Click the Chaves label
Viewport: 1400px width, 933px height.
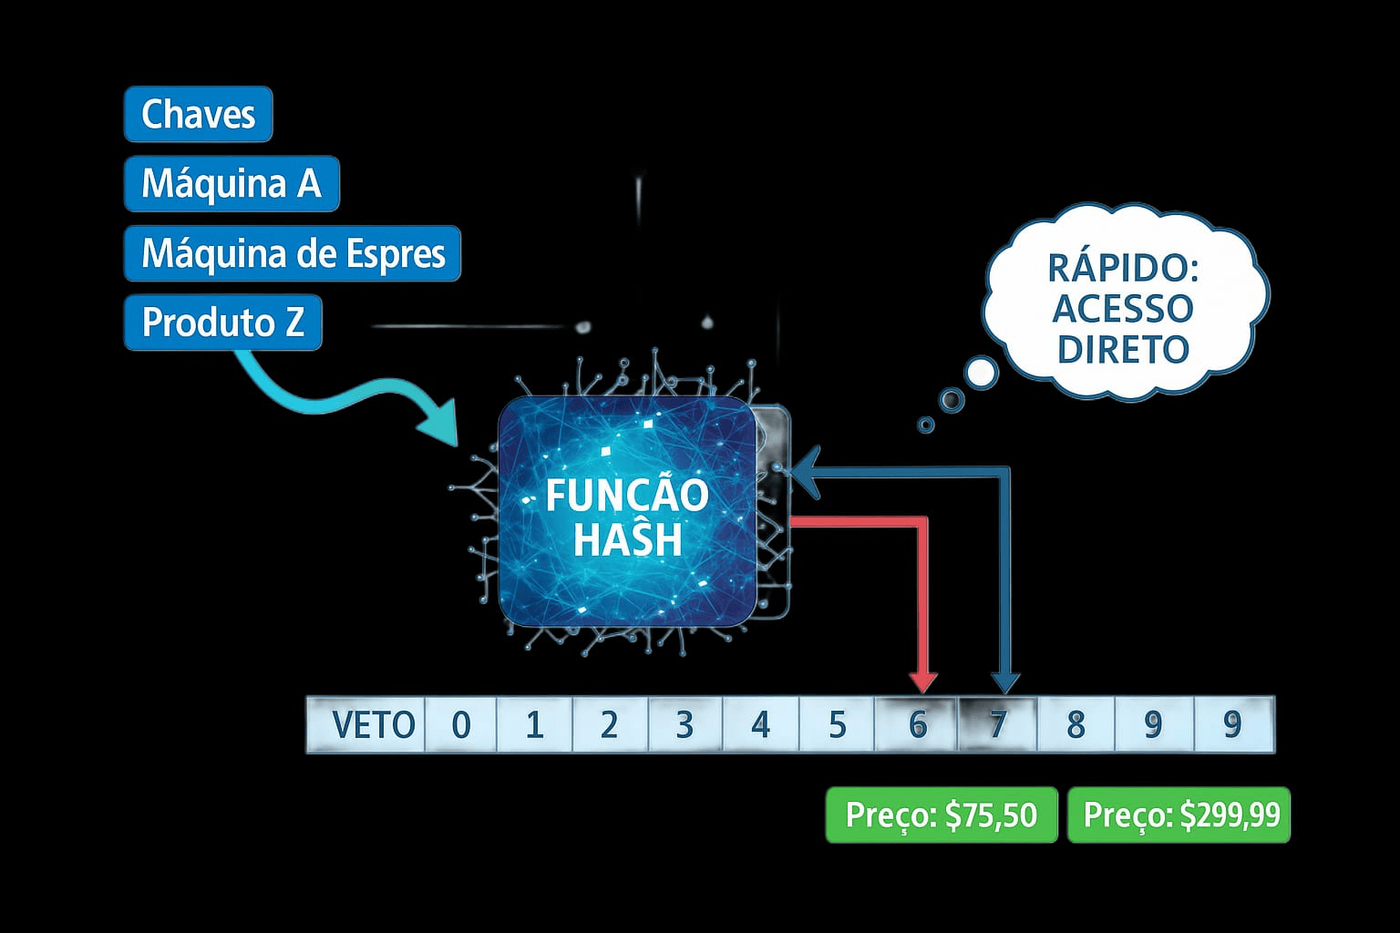198,115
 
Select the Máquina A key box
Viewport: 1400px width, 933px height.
232,184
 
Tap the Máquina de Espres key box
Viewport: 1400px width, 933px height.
293,253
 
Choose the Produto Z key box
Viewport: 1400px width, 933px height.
222,323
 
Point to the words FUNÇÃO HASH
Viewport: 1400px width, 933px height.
627,518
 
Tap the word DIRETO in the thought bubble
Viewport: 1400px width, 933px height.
1123,349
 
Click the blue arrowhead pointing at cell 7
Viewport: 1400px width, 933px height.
1005,682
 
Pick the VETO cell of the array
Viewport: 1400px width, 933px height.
373,725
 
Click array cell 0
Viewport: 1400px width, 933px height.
461,725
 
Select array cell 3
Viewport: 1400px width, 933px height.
685,725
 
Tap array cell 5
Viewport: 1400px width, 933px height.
837,725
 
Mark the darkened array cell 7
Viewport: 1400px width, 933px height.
998,725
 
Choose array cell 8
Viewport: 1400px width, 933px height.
1076,725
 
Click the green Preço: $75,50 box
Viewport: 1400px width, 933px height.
942,815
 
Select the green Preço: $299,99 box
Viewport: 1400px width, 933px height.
1179,815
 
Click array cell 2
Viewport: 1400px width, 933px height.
609,725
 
